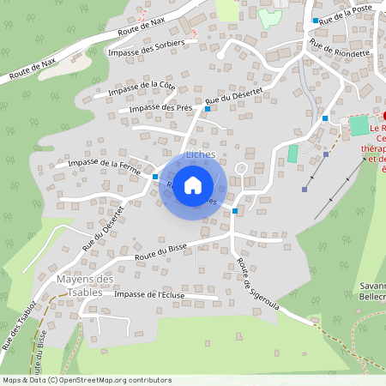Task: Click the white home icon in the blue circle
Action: pos(193,184)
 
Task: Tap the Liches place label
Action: pos(201,154)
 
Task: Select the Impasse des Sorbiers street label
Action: pos(147,52)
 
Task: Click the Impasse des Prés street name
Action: pos(160,108)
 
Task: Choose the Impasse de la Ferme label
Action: pos(105,162)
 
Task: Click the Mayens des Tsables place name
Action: pos(85,286)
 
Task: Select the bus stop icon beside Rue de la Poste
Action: pos(316,20)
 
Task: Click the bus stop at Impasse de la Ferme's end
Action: pos(155,177)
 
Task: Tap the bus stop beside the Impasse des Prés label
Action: pos(208,109)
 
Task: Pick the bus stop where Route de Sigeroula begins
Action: pos(235,210)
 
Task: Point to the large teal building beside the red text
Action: pos(359,125)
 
